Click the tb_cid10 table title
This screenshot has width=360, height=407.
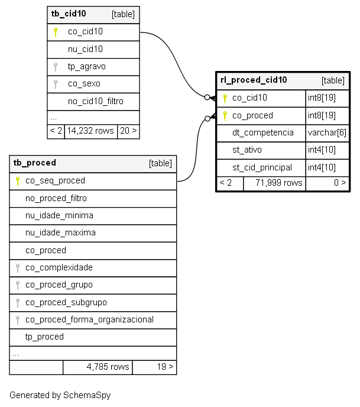(x=69, y=14)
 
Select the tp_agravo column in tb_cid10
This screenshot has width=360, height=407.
(x=87, y=67)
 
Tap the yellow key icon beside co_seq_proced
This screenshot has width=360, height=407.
(x=18, y=181)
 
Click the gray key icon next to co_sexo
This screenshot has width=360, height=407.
(x=55, y=84)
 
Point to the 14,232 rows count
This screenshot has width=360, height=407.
(x=90, y=131)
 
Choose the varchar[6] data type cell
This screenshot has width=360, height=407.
(x=327, y=133)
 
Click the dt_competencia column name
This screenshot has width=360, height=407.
(x=262, y=133)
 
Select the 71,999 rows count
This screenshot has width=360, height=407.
(x=279, y=183)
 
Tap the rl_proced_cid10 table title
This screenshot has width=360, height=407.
(x=254, y=80)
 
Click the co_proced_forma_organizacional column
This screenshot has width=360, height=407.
(x=89, y=320)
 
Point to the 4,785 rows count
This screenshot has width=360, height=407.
(x=108, y=367)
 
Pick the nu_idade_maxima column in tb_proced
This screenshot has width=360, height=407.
(x=60, y=232)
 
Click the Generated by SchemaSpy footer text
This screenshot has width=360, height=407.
(x=60, y=395)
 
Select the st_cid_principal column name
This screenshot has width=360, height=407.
(x=262, y=167)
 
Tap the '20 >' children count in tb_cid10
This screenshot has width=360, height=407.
(x=128, y=131)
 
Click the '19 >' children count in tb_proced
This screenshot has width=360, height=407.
(x=165, y=367)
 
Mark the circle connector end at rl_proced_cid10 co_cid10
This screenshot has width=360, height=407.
(x=207, y=98)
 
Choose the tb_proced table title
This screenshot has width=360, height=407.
(x=34, y=163)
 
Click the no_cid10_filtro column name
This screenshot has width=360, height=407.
(x=95, y=101)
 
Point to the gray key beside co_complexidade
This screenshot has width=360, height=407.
(x=18, y=268)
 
